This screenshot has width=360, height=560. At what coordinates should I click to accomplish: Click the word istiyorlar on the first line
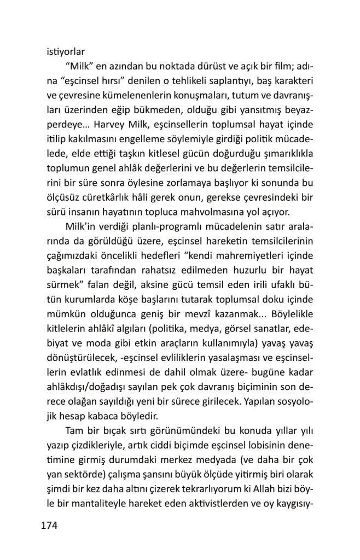point(62,53)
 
